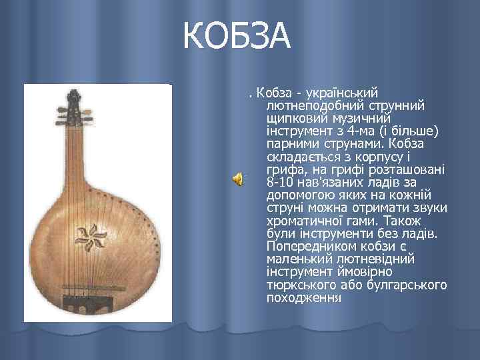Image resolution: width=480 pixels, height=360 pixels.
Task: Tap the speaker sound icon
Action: pos(237,178)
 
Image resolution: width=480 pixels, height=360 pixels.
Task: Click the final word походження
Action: pos(303,297)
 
